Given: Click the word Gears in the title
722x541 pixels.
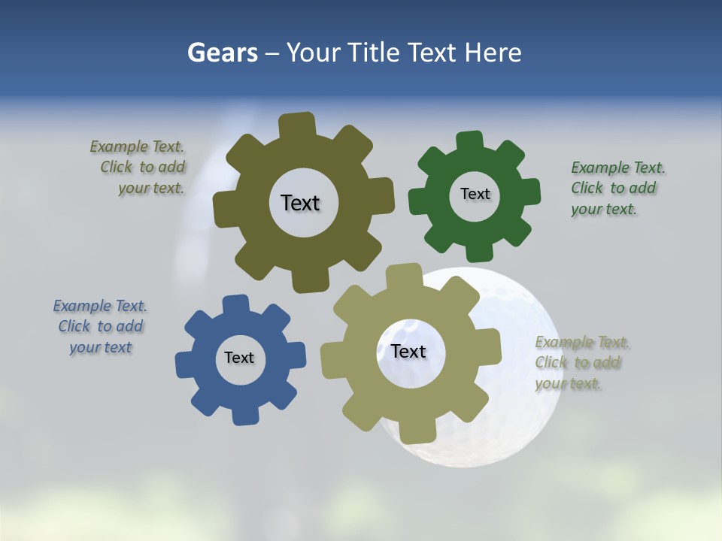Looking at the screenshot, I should point(223,53).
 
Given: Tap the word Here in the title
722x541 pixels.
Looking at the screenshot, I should point(493,53).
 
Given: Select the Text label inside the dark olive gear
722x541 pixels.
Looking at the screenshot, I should point(300,203).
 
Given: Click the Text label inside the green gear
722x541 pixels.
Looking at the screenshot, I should point(475,194).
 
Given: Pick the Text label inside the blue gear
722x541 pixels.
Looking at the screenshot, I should point(239,358).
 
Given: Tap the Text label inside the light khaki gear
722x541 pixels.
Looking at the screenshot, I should point(408,351).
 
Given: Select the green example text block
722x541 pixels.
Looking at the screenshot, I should point(617,189).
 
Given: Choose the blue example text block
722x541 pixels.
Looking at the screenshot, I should point(100,327).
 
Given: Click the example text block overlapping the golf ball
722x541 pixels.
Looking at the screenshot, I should point(581,363).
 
